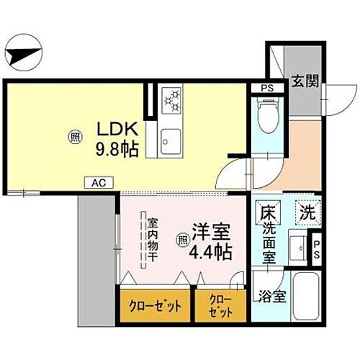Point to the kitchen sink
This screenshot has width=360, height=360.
click(171, 138)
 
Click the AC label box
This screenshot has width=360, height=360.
click(97, 183)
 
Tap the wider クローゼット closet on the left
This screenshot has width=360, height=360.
click(156, 304)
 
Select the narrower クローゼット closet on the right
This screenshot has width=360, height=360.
click(221, 304)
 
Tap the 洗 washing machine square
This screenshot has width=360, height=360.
click(307, 213)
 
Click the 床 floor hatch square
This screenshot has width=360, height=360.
click(268, 213)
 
